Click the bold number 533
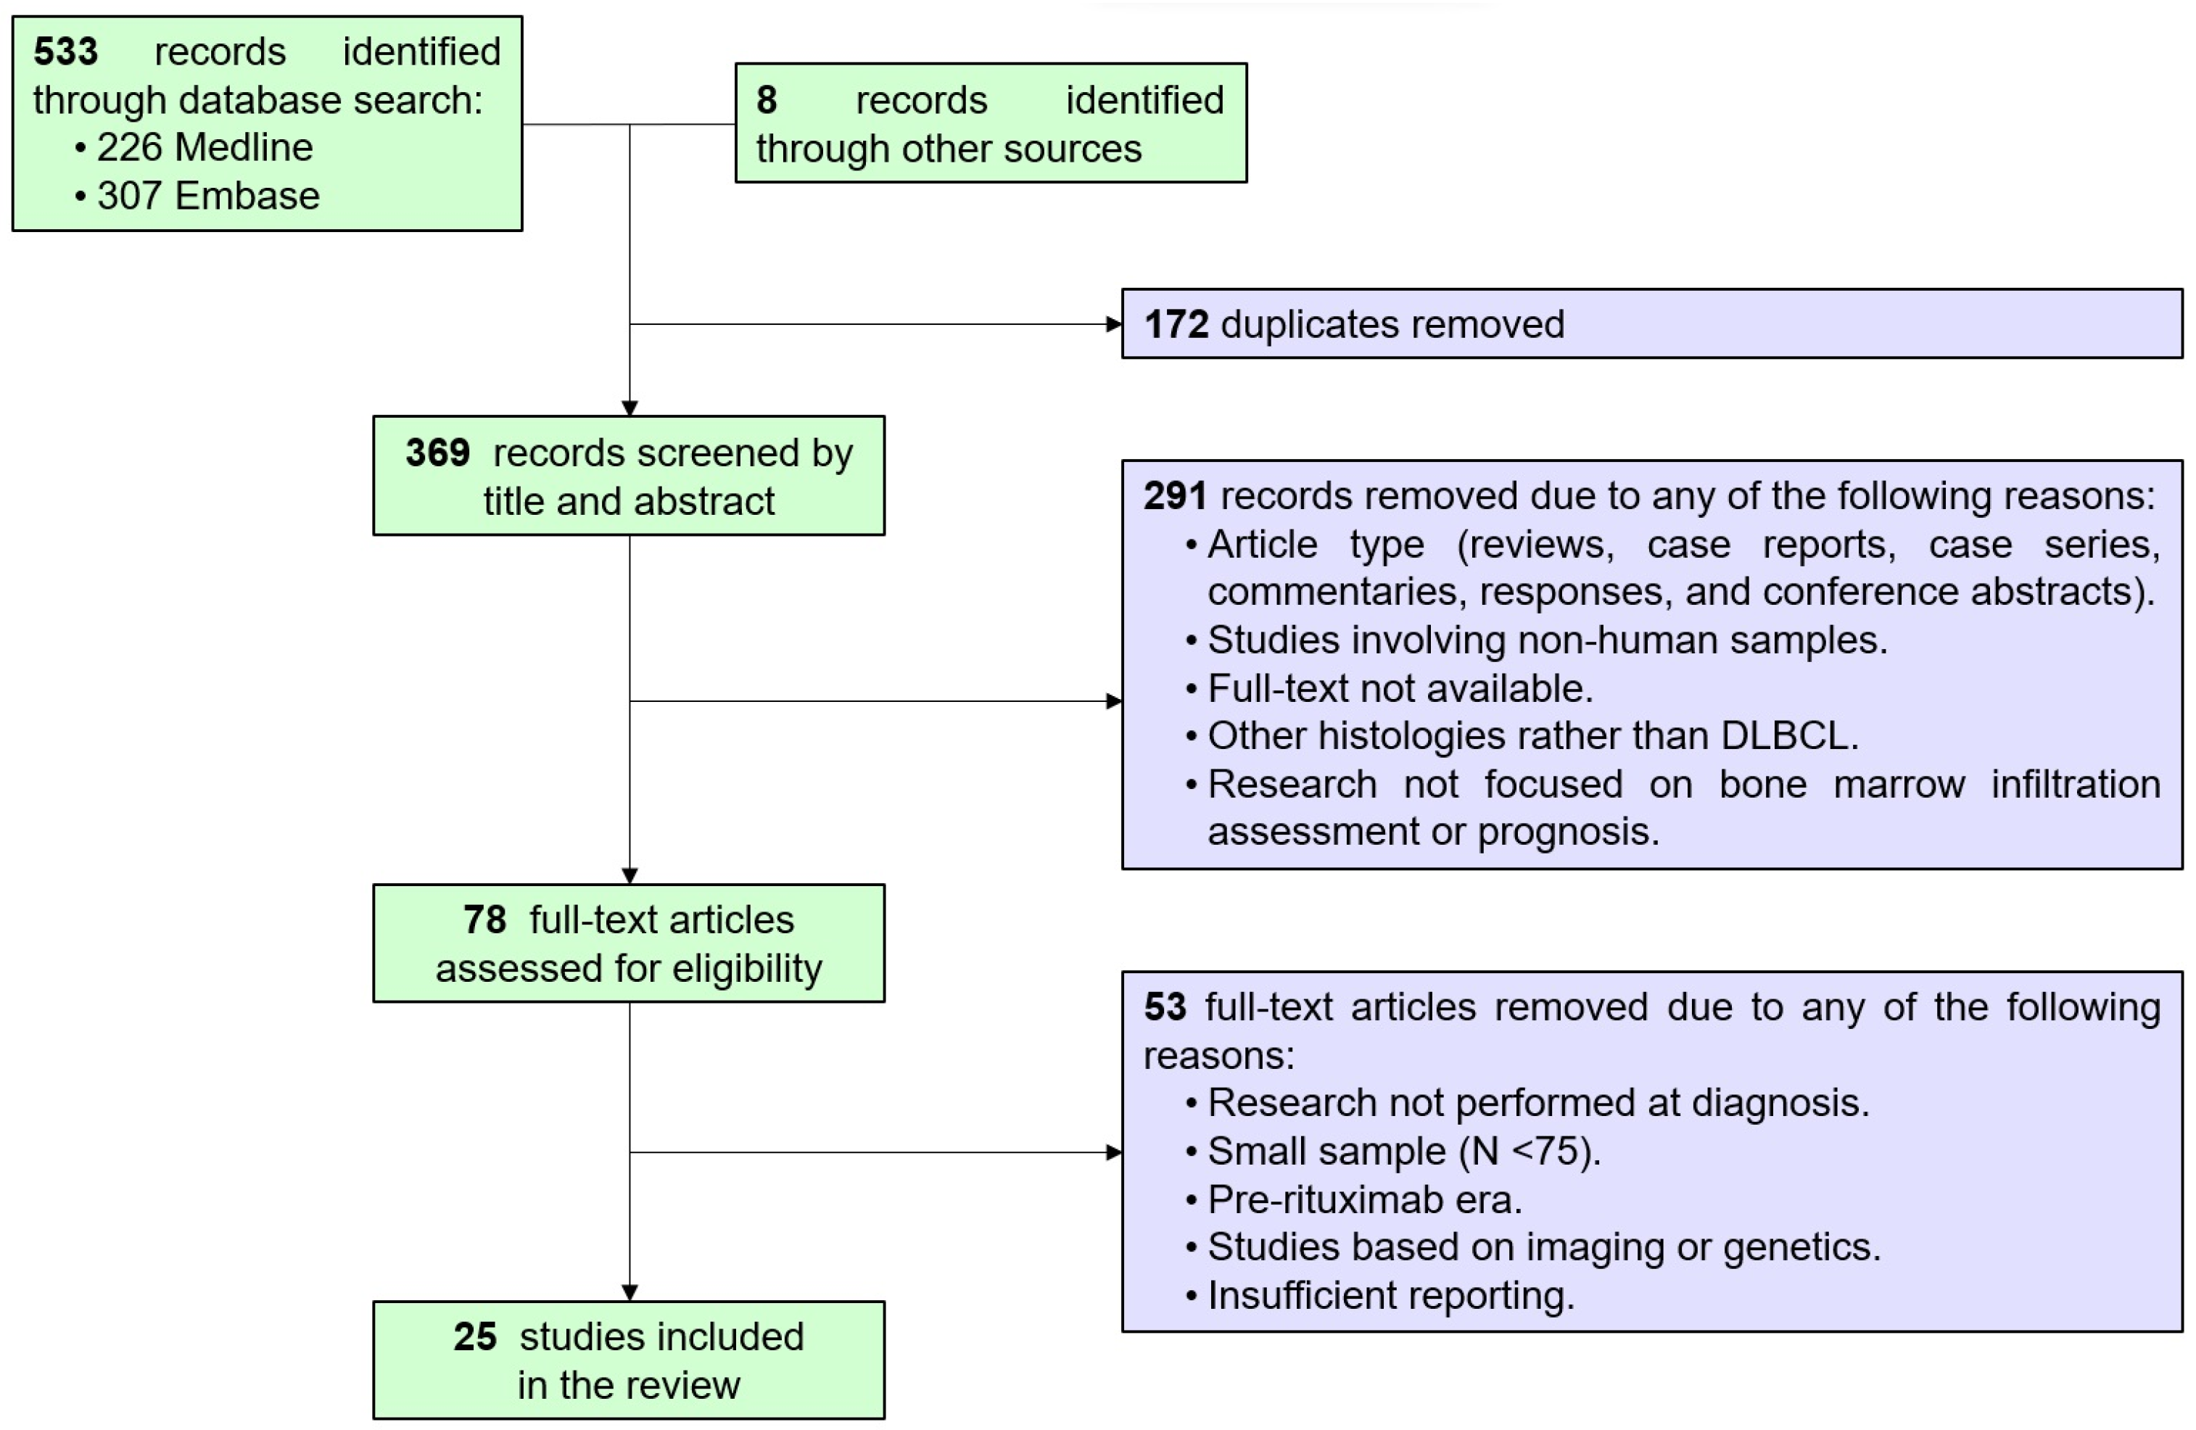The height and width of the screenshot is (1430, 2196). [x=65, y=51]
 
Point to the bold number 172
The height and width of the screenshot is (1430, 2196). [x=1176, y=325]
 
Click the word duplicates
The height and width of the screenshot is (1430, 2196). [x=1308, y=325]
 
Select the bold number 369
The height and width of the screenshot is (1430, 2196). [x=437, y=453]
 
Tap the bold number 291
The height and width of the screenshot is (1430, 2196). [x=1175, y=496]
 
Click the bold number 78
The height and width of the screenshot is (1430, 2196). [x=484, y=919]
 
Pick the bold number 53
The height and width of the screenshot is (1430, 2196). [x=1165, y=1007]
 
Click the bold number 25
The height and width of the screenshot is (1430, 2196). [x=474, y=1337]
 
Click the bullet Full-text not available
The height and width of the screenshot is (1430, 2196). [x=1399, y=688]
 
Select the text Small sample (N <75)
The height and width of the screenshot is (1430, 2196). [x=1403, y=1152]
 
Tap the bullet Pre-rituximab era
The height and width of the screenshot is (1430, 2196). [x=1363, y=1199]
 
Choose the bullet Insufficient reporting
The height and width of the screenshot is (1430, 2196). [x=1390, y=1295]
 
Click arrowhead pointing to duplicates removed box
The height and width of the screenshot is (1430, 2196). [x=1114, y=325]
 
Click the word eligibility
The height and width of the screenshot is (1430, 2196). [x=746, y=969]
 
